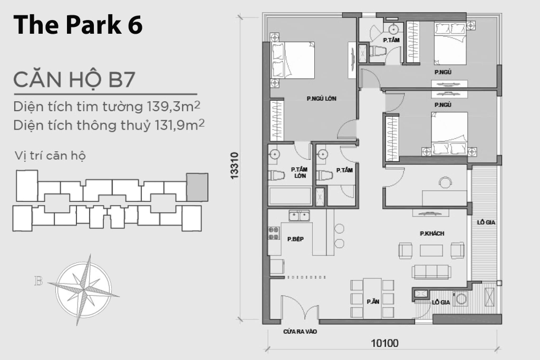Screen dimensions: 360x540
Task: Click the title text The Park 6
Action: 78,25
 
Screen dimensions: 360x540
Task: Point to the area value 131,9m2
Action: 178,125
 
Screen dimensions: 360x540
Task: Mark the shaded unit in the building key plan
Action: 197,187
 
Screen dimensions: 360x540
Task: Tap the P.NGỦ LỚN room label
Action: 321,99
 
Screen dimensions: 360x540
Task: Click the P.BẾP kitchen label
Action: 295,239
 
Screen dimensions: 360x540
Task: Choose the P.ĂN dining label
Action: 373,301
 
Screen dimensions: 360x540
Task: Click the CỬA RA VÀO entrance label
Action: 300,332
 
